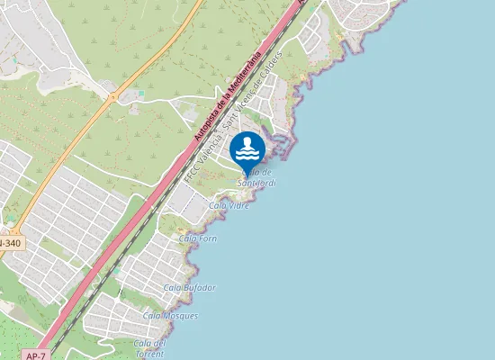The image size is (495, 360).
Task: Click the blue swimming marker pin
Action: [x=247, y=150]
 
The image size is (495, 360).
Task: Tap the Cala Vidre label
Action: [x=229, y=206]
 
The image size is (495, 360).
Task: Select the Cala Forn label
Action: [x=198, y=238]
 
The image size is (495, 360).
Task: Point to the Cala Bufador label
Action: [x=190, y=287]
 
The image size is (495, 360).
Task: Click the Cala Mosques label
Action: [x=170, y=316]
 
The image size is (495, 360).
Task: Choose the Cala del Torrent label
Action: [x=149, y=347]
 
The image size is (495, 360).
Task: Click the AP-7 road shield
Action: [x=30, y=355]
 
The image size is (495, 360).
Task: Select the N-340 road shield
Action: [x=9, y=243]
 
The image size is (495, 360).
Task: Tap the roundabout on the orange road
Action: [x=113, y=95]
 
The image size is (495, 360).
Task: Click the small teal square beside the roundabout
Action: [x=140, y=93]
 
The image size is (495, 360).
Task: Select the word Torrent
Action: [x=149, y=353]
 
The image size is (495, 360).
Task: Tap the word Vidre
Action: [x=238, y=206]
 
